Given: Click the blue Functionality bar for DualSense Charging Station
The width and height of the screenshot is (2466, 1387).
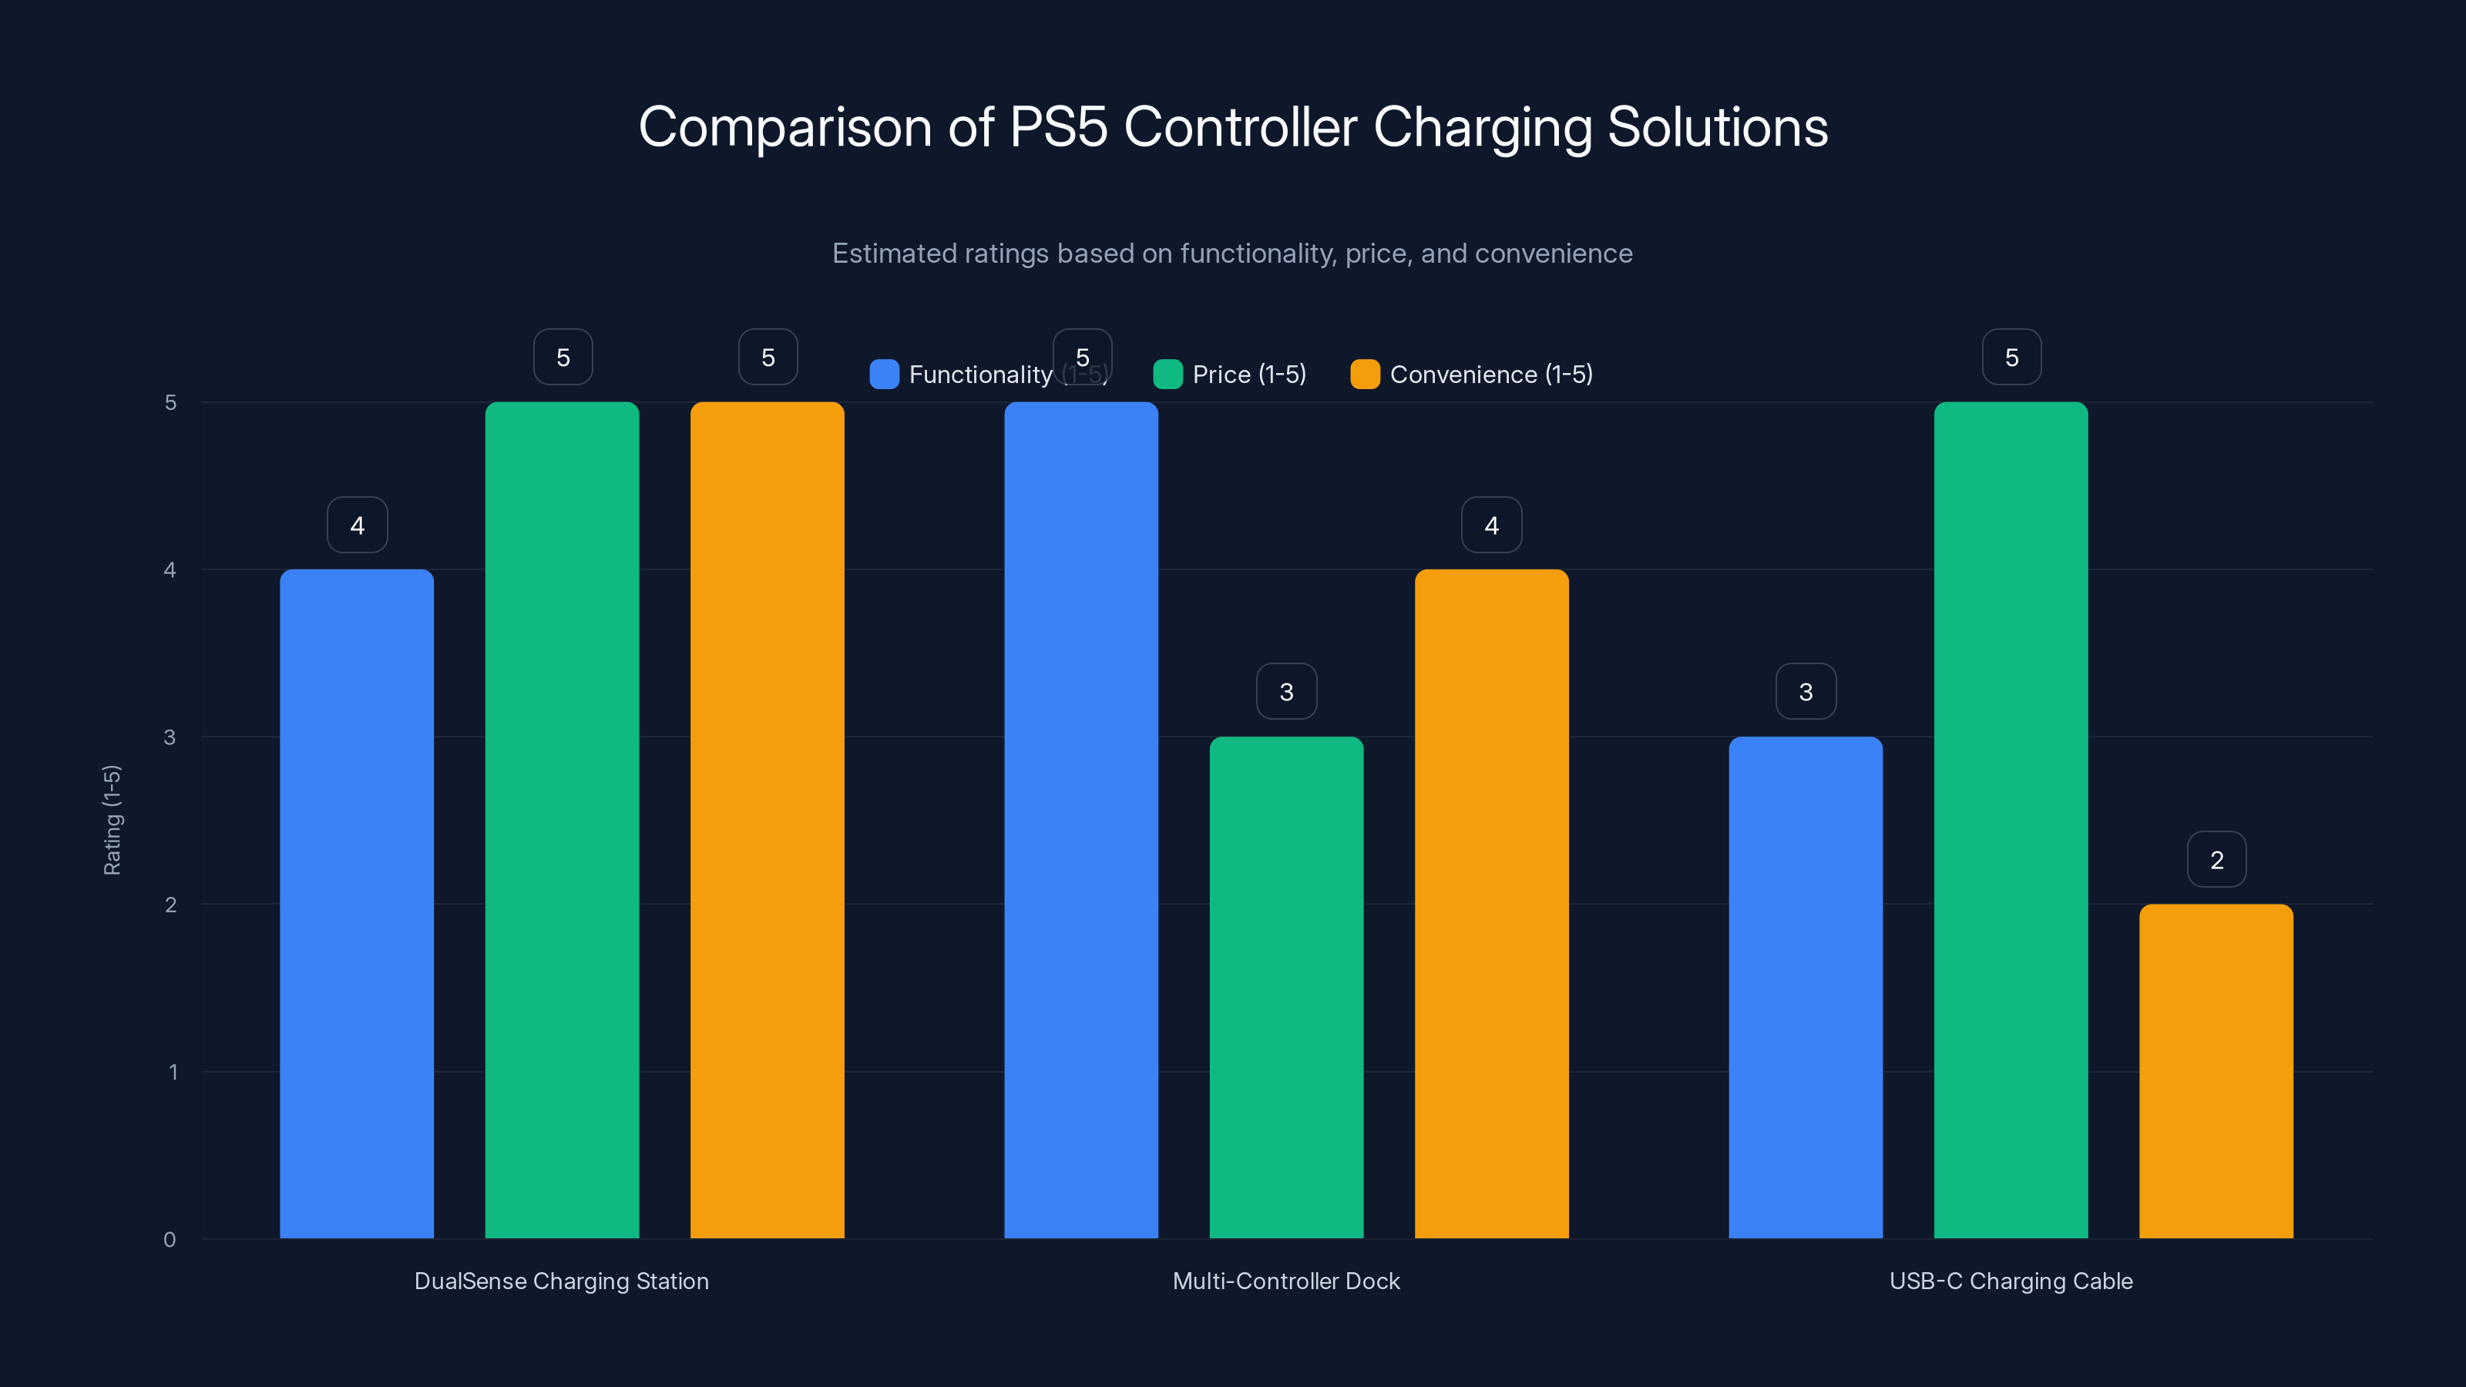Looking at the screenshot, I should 356,904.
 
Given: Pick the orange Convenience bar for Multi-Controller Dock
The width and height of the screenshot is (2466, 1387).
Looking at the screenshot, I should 1490,904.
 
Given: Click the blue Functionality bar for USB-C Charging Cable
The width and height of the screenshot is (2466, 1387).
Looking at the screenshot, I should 1805,987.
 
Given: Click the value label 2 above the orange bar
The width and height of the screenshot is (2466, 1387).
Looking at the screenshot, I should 2216,860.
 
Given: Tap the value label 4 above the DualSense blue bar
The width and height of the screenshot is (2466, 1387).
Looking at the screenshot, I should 357,525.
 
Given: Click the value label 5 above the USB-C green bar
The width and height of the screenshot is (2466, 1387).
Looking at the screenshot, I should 2011,357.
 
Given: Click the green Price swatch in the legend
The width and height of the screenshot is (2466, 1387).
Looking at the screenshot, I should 1167,374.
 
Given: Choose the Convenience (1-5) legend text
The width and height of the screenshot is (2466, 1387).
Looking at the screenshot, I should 1490,374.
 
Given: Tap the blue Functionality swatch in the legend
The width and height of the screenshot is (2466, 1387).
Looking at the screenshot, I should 884,374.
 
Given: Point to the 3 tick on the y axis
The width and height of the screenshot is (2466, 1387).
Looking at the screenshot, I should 170,737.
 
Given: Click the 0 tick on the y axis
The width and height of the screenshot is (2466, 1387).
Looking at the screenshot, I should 170,1240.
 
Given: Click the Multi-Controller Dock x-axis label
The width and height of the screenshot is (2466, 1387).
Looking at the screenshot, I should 1285,1281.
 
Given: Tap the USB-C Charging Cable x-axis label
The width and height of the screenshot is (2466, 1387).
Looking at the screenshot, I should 2011,1281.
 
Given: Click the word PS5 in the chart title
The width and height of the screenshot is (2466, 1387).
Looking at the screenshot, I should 1058,127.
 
